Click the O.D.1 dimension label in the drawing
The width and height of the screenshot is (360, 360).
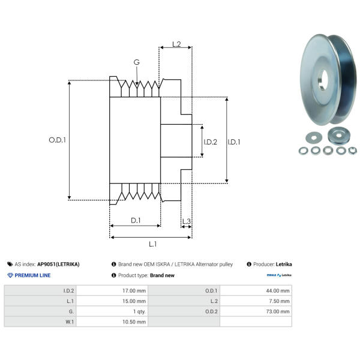click(57, 140)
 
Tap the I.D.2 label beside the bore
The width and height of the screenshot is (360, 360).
click(210, 142)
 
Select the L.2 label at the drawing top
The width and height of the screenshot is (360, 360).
click(176, 44)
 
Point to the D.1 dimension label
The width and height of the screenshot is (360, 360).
click(136, 220)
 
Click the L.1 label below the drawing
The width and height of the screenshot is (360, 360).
click(152, 244)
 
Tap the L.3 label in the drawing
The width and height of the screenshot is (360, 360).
click(186, 222)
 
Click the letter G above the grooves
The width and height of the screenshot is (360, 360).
click(137, 62)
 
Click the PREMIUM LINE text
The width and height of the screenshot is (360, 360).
click(32, 275)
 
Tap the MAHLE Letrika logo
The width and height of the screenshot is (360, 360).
click(279, 275)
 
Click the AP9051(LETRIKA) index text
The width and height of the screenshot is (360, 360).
click(58, 264)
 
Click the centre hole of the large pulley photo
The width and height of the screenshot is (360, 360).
click(323, 78)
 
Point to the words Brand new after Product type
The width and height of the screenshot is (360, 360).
click(162, 275)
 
